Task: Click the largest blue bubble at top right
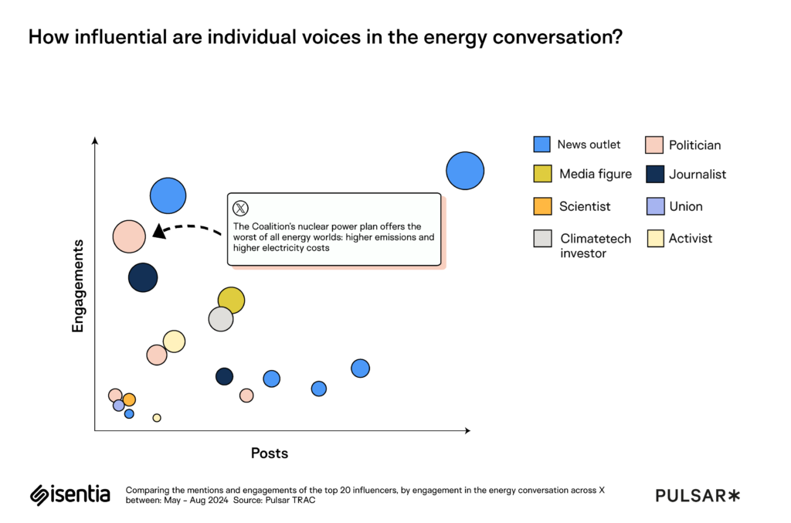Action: click(465, 171)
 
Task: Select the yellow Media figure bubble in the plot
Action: click(231, 301)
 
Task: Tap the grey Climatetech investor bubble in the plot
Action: click(221, 318)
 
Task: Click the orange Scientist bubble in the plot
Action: click(129, 399)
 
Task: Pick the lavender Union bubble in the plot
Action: click(119, 406)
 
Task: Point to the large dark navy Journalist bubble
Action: click(143, 277)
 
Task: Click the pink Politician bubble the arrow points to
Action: click(129, 236)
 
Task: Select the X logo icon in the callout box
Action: click(241, 208)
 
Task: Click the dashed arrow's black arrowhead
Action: click(158, 231)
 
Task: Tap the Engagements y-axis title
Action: click(77, 286)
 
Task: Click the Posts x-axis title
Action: click(270, 453)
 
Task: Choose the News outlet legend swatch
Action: click(541, 144)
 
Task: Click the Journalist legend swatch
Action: click(654, 175)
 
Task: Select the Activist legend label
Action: click(691, 238)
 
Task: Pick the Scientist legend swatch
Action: click(541, 206)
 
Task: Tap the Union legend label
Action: click(686, 206)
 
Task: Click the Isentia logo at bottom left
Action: click(70, 494)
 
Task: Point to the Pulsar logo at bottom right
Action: click(698, 495)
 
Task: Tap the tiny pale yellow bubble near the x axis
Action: click(157, 418)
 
